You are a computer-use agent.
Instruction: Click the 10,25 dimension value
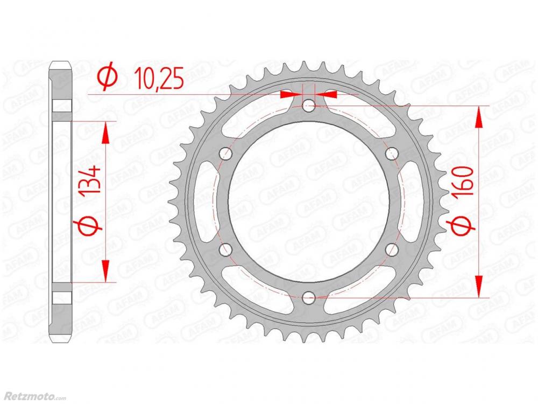click(x=159, y=78)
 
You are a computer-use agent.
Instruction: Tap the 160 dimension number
click(x=463, y=181)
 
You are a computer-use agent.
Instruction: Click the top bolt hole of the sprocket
click(x=309, y=106)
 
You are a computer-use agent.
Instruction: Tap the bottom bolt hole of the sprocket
click(x=309, y=297)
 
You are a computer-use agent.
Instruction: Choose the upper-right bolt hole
click(x=392, y=153)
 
